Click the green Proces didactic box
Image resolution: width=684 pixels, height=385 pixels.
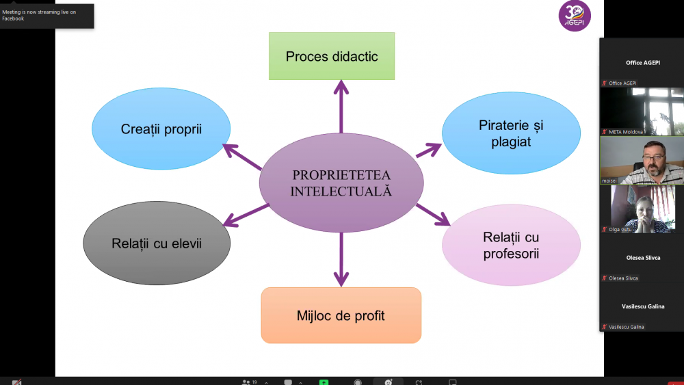tap(332, 56)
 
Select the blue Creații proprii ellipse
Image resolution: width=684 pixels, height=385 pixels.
tap(161, 129)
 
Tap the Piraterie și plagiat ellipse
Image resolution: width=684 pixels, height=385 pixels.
tap(511, 133)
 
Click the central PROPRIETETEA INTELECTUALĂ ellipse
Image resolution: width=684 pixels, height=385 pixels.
tap(341, 183)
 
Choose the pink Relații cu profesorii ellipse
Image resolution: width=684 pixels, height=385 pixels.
tap(511, 245)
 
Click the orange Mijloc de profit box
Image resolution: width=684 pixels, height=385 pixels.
tap(341, 315)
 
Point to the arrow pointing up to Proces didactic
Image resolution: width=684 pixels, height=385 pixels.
tap(341, 106)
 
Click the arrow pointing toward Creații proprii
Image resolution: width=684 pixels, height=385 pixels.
tap(243, 157)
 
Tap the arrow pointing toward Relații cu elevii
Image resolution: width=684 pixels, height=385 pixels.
tap(246, 214)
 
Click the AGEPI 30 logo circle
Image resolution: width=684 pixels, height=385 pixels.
tap(575, 16)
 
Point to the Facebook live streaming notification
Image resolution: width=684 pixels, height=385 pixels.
tap(47, 15)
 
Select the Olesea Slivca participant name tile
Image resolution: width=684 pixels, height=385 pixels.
tap(642, 258)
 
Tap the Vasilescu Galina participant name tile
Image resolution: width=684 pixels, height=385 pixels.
tap(642, 306)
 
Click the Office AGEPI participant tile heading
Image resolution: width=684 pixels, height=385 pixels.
tap(642, 62)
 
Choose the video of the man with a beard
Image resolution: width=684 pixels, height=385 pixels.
tap(642, 161)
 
